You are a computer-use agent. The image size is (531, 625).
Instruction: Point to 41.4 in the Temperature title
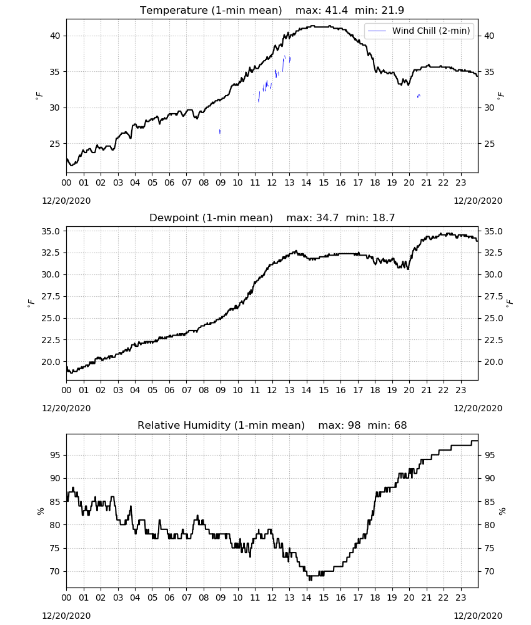coord(336,10)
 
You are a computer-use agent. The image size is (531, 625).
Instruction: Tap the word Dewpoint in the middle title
coord(171,218)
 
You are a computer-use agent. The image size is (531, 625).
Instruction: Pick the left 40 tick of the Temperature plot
coord(54,36)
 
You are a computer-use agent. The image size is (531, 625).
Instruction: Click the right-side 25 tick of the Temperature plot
coord(489,144)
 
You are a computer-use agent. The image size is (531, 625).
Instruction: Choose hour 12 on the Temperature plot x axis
coord(272,183)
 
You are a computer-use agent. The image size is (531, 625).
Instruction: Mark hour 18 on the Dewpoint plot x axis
coord(375,390)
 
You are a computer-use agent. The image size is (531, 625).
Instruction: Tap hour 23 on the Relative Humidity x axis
coord(460,598)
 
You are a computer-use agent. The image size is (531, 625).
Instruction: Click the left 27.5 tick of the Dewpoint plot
coord(51,296)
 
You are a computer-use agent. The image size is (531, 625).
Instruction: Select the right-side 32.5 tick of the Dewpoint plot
coord(492,252)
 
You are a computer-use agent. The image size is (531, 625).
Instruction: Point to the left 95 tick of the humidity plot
coord(54,455)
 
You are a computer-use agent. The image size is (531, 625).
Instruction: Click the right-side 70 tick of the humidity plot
coord(489,572)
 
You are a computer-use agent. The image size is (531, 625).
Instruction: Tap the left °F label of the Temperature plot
coord(39,96)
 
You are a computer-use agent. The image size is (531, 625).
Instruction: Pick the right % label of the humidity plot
coord(502,511)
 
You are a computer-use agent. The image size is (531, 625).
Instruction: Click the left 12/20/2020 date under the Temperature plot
coord(66,201)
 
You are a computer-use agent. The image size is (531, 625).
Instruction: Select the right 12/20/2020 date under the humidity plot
coord(478,616)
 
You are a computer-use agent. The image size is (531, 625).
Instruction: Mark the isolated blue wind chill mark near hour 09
coord(220,131)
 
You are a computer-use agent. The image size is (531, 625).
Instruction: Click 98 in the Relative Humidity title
coord(354,425)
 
